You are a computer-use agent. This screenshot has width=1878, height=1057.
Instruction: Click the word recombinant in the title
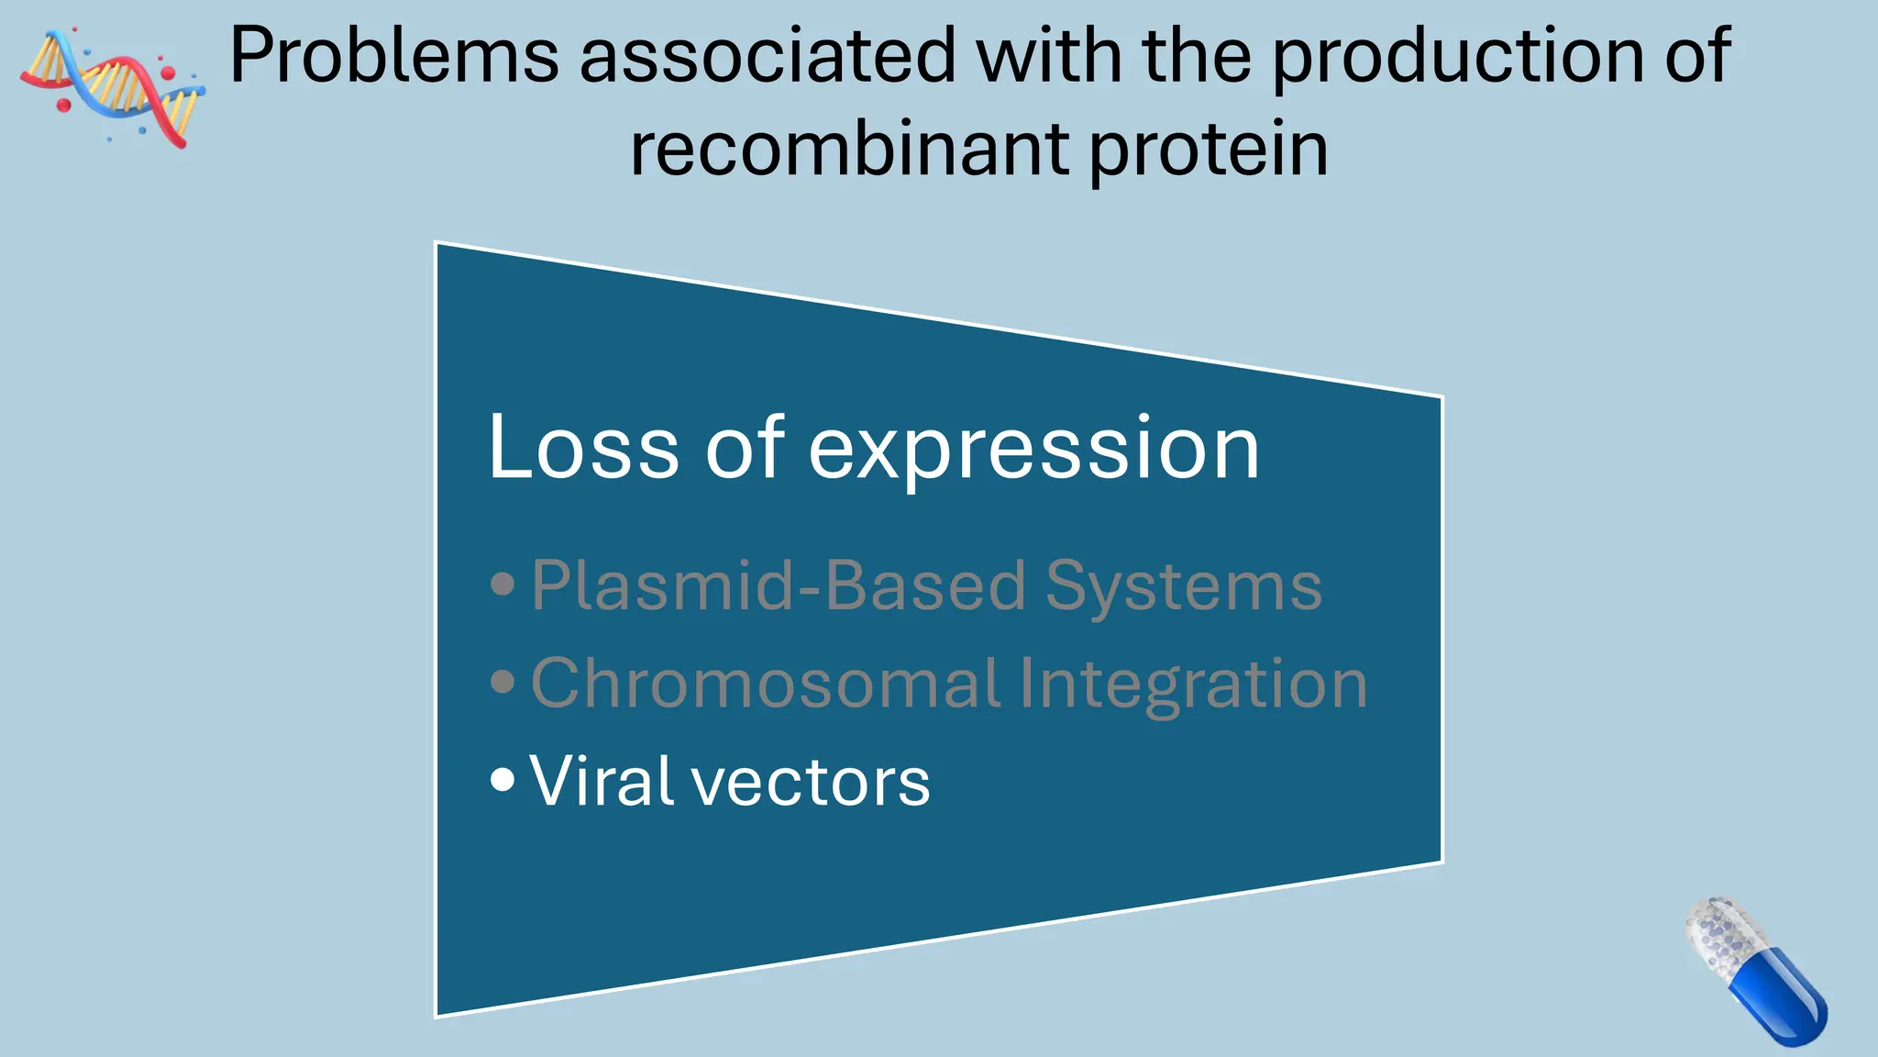click(849, 150)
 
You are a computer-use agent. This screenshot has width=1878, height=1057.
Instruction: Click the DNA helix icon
click(112, 87)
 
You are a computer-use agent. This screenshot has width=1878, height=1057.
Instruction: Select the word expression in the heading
click(1033, 450)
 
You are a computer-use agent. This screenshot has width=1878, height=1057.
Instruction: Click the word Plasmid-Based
click(779, 585)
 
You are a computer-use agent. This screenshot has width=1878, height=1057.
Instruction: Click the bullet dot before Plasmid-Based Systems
click(503, 584)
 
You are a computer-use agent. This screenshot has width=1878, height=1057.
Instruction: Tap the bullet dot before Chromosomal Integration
click(503, 682)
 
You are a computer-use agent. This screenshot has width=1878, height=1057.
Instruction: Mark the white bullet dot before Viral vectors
click(503, 780)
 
